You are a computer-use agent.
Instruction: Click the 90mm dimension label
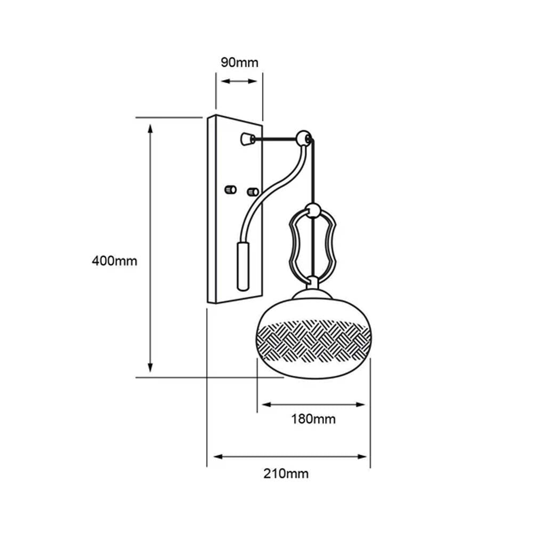coord(239,62)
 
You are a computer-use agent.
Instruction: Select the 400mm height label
coord(115,261)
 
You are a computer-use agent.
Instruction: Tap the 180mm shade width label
coord(313,419)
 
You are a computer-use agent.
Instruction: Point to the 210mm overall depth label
coord(286,473)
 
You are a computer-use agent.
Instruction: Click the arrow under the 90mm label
coord(239,82)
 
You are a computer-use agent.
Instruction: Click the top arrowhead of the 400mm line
coord(151,128)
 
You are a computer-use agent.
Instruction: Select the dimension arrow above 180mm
coord(313,405)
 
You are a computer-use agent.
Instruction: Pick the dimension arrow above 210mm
coord(290,457)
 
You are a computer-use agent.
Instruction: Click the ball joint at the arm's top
coord(305,138)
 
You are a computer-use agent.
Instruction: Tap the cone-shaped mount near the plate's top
coord(247,139)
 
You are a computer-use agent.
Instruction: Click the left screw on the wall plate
coord(231,189)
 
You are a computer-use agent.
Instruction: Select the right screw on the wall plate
coord(253,191)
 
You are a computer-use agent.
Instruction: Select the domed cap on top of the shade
coord(312,293)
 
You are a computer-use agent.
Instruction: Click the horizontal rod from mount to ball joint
coord(274,140)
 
